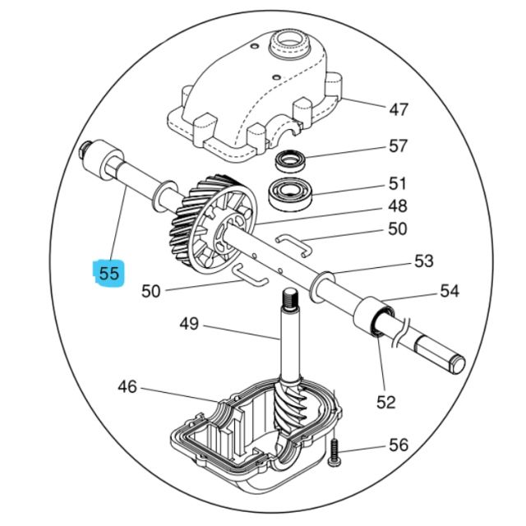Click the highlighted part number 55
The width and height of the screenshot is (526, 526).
tap(108, 273)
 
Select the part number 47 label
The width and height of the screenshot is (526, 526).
tap(398, 109)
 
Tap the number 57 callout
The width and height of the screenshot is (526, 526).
tap(398, 146)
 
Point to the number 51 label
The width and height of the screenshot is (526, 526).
tap(398, 183)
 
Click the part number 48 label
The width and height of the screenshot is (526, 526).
tap(398, 205)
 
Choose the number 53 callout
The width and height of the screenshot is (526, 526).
tap(423, 262)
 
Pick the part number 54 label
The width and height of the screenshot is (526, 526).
tap(449, 291)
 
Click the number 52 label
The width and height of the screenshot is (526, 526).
tap(385, 402)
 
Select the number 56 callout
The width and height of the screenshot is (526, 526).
tap(398, 445)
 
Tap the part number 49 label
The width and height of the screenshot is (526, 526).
tap(189, 325)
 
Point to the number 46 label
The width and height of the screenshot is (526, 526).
tap(127, 386)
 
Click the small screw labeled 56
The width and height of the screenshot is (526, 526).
tap(335, 453)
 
